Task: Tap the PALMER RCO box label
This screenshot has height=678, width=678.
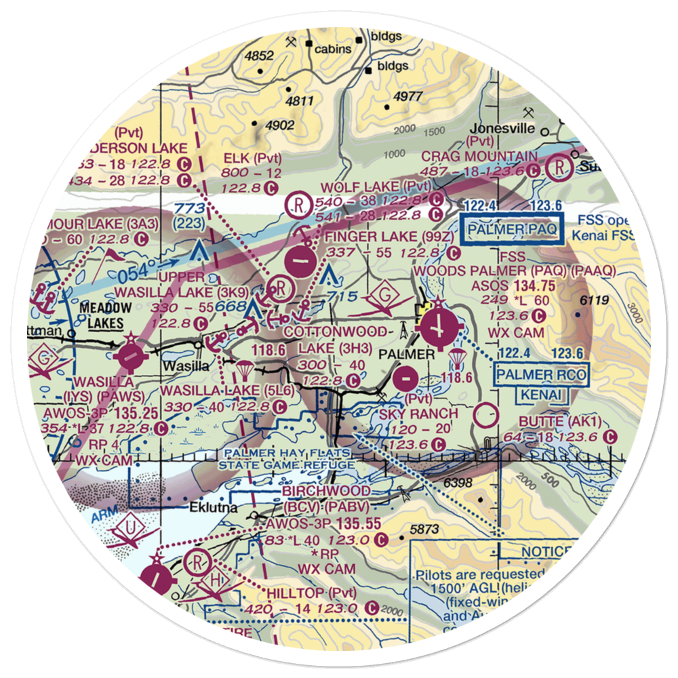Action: (540, 374)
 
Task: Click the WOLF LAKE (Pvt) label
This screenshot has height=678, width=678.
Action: (376, 186)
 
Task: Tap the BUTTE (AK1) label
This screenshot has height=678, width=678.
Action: (558, 421)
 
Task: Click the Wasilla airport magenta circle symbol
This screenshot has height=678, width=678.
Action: (130, 354)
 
